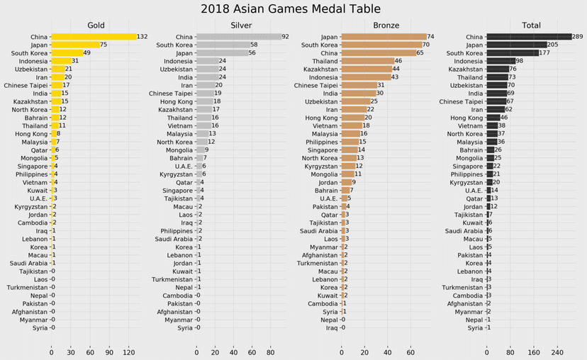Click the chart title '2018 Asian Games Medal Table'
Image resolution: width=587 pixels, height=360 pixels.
(291, 9)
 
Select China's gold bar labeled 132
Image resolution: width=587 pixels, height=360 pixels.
(94, 37)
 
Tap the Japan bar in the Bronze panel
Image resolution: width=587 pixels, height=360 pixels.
(384, 37)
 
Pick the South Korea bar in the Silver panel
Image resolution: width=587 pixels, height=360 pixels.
(223, 45)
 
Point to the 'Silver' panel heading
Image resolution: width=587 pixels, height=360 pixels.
(241, 26)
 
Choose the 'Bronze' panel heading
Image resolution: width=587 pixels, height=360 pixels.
(386, 26)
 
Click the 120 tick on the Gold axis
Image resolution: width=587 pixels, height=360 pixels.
(129, 352)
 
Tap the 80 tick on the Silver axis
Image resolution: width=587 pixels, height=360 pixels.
(270, 352)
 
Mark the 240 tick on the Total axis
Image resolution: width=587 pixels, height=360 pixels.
(557, 352)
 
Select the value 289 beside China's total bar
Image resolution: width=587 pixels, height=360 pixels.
(577, 37)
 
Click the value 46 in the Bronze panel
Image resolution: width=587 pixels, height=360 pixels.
(398, 61)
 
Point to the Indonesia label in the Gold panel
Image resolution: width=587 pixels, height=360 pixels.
(33, 62)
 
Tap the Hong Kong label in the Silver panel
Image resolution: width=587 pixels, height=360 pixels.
(177, 102)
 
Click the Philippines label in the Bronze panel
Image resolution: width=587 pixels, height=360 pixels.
(322, 142)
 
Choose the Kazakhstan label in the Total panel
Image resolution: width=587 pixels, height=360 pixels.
(466, 69)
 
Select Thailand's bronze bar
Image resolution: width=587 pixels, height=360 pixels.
(368, 61)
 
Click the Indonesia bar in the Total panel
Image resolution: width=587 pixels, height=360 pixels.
(501, 61)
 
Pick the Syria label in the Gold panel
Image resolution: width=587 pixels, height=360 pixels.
(40, 328)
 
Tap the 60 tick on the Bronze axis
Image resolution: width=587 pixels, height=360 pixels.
(410, 352)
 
